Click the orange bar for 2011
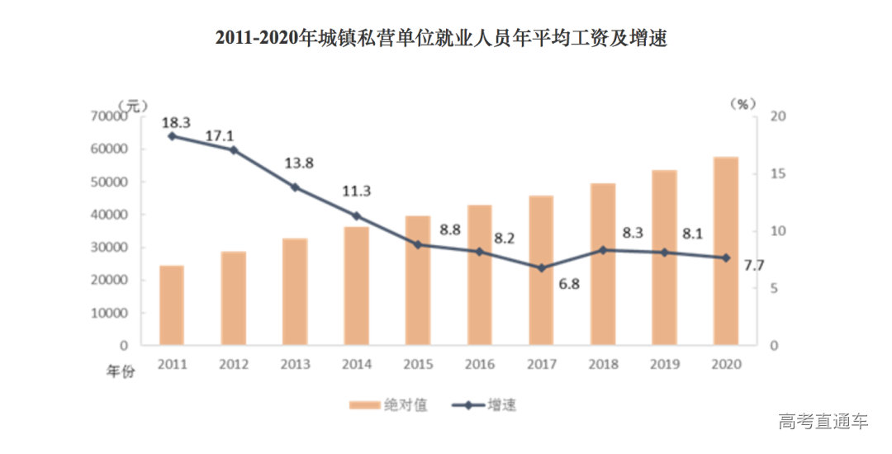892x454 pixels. [x=172, y=305]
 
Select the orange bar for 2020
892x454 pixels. [x=726, y=251]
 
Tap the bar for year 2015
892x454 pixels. [x=418, y=281]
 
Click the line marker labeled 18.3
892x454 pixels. [x=172, y=136]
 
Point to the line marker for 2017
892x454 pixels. [x=542, y=268]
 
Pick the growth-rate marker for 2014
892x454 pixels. [x=357, y=216]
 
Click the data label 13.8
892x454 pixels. [x=298, y=163]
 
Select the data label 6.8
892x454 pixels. [x=568, y=285]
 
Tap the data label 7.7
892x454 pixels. [x=753, y=265]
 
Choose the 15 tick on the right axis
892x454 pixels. [x=776, y=174]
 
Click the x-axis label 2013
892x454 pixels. [x=295, y=364]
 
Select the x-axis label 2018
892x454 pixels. [x=603, y=364]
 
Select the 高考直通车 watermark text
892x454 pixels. [x=823, y=423]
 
